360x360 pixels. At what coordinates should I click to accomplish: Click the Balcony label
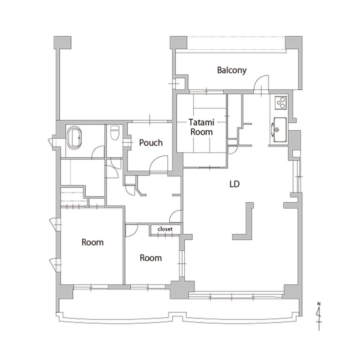click(x=232, y=70)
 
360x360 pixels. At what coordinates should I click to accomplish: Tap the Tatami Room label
click(x=201, y=127)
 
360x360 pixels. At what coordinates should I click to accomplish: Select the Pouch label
click(x=151, y=143)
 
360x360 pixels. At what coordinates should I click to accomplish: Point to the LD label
click(x=235, y=184)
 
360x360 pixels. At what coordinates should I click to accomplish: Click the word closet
click(x=165, y=229)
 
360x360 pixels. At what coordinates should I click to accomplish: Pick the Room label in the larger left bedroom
click(x=93, y=242)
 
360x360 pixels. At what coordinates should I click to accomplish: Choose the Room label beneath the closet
click(x=150, y=258)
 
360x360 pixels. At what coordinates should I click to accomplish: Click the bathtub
click(x=74, y=138)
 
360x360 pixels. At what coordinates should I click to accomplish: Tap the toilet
click(x=115, y=133)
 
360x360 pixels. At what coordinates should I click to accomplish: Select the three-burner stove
click(x=281, y=103)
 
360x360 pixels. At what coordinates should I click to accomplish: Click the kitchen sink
click(x=280, y=130)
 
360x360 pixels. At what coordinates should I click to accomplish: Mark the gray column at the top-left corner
click(x=62, y=42)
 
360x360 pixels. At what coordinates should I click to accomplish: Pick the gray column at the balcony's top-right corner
click(x=293, y=42)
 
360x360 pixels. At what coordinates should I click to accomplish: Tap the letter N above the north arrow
click(x=319, y=304)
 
